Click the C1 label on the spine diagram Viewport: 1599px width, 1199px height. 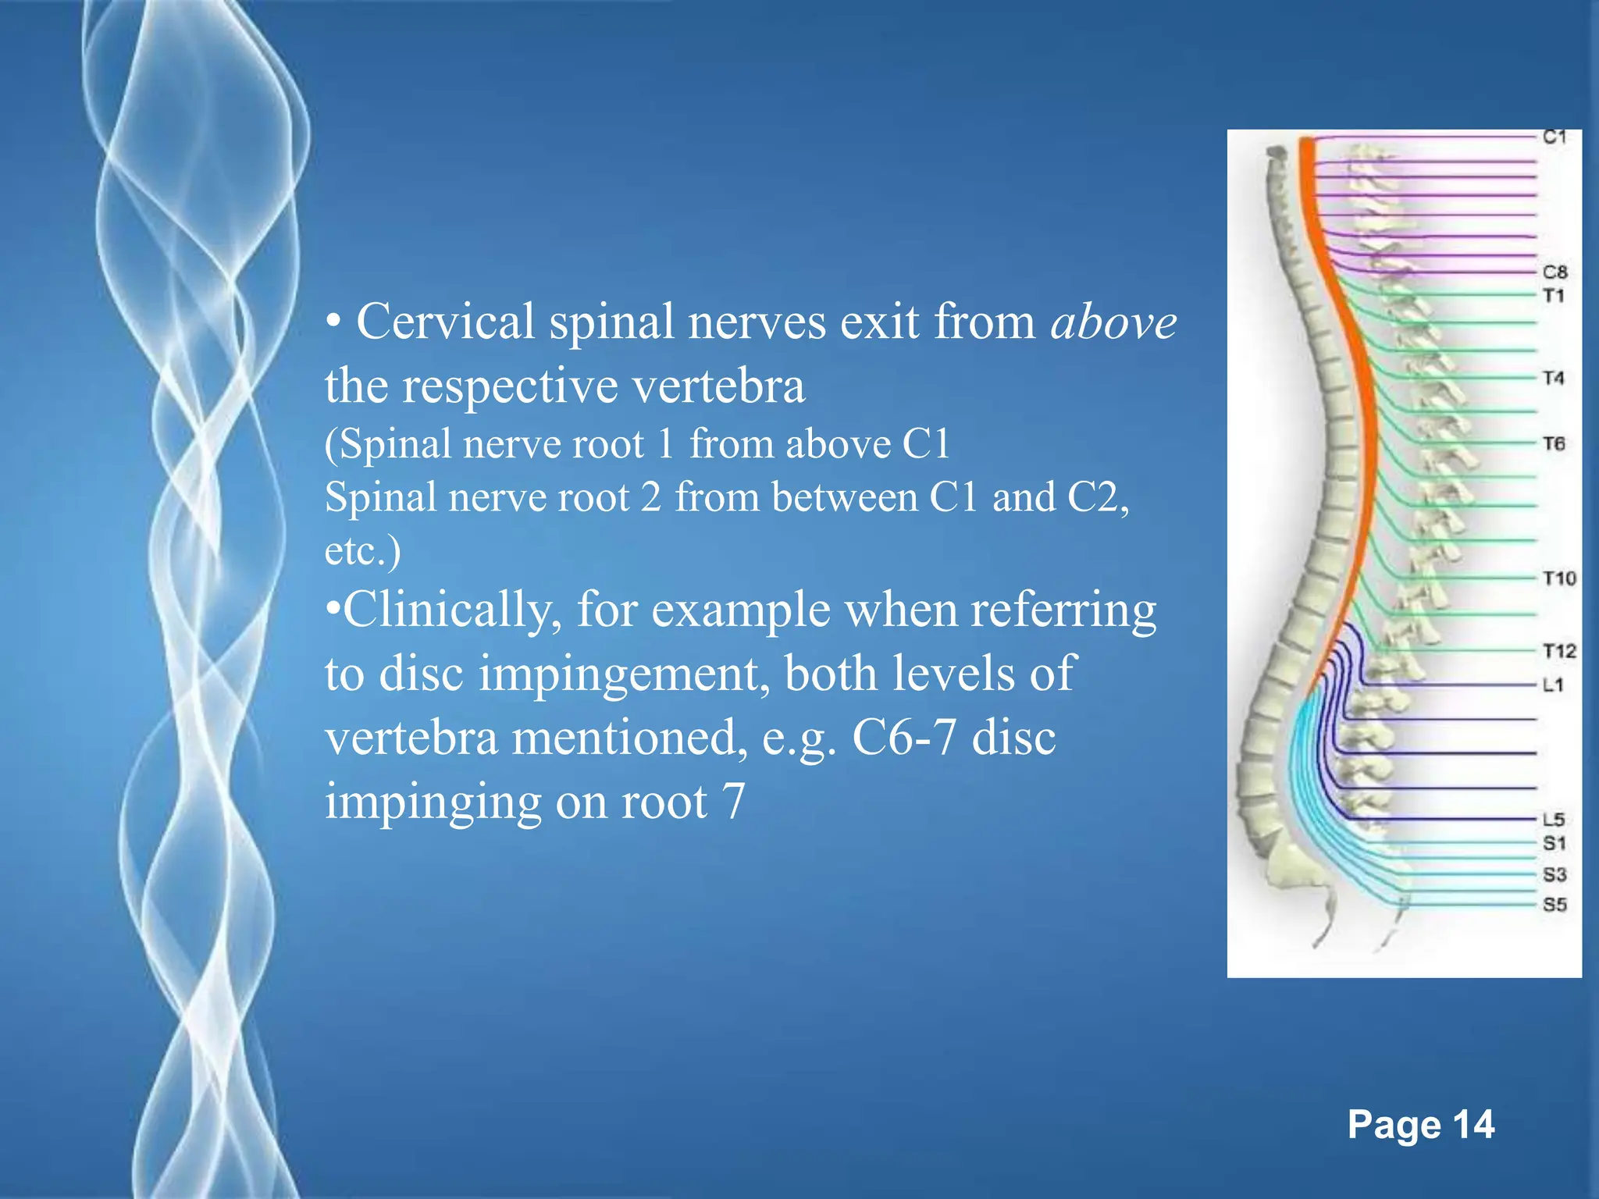click(1554, 137)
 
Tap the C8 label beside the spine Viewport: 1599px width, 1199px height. click(1554, 272)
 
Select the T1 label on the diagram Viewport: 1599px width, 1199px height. click(1553, 296)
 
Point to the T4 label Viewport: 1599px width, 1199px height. click(1553, 379)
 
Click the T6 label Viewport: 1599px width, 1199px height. click(1554, 444)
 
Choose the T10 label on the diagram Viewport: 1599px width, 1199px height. click(1559, 578)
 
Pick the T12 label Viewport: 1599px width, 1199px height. click(1559, 651)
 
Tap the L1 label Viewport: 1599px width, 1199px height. click(1553, 685)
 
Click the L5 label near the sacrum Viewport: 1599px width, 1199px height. click(1554, 820)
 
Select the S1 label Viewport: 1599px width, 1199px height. click(1554, 844)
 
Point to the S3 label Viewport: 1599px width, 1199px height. click(1554, 875)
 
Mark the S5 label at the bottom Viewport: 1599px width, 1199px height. click(1554, 905)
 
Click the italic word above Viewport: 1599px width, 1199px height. click(1113, 322)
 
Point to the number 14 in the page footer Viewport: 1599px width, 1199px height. click(1473, 1126)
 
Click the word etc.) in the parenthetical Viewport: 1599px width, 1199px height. click(362, 551)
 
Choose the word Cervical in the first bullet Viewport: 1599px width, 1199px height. click(444, 322)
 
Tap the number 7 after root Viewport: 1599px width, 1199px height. click(732, 802)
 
